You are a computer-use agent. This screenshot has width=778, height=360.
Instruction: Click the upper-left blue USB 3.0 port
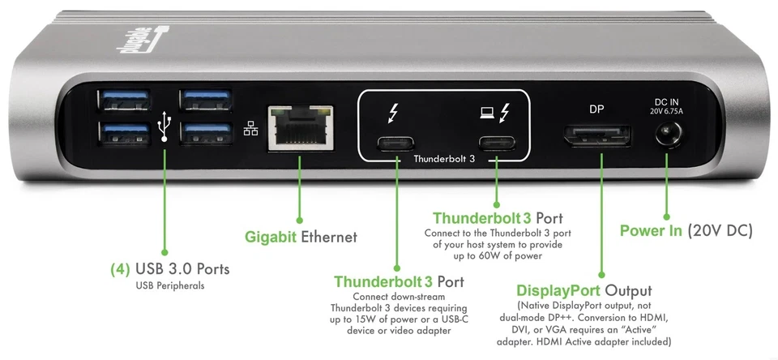(x=123, y=100)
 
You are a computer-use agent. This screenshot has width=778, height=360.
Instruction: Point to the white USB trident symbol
(x=165, y=126)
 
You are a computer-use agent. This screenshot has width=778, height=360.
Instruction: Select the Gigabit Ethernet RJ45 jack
(x=299, y=127)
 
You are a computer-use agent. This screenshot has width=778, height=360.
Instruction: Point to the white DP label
(x=596, y=109)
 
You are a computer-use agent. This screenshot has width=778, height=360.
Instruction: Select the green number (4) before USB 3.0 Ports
(x=121, y=268)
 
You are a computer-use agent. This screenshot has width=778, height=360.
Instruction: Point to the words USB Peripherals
(x=169, y=285)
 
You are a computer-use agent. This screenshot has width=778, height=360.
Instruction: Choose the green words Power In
(x=650, y=231)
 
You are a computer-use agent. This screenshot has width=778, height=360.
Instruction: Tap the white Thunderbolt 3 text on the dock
(x=444, y=159)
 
